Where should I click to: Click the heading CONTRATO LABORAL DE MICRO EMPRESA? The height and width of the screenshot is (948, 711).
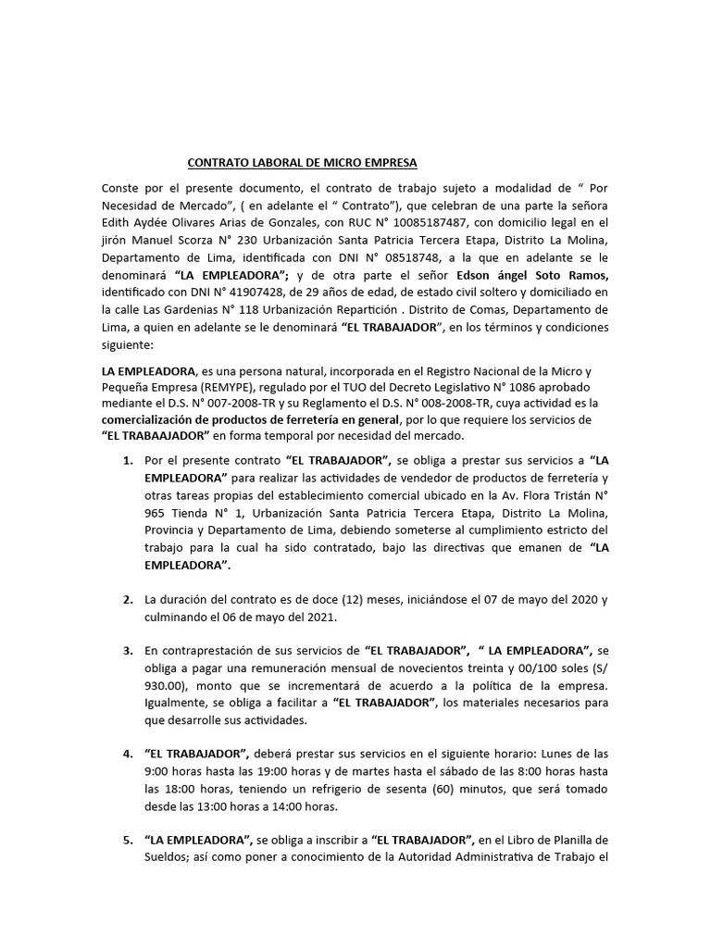coord(303,163)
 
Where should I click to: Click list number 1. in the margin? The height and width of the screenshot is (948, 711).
coord(129,460)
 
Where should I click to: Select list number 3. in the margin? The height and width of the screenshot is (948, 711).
coord(129,651)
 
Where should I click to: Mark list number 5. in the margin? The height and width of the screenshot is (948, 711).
coord(129,841)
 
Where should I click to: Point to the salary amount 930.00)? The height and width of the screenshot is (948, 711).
coord(171,686)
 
